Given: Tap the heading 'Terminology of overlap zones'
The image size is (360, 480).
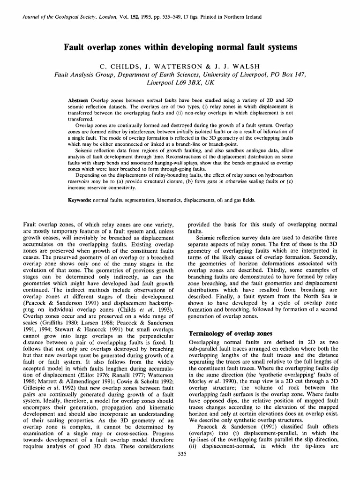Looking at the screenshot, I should click(230, 334).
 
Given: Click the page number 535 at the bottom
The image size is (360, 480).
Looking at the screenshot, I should click(180, 471).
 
